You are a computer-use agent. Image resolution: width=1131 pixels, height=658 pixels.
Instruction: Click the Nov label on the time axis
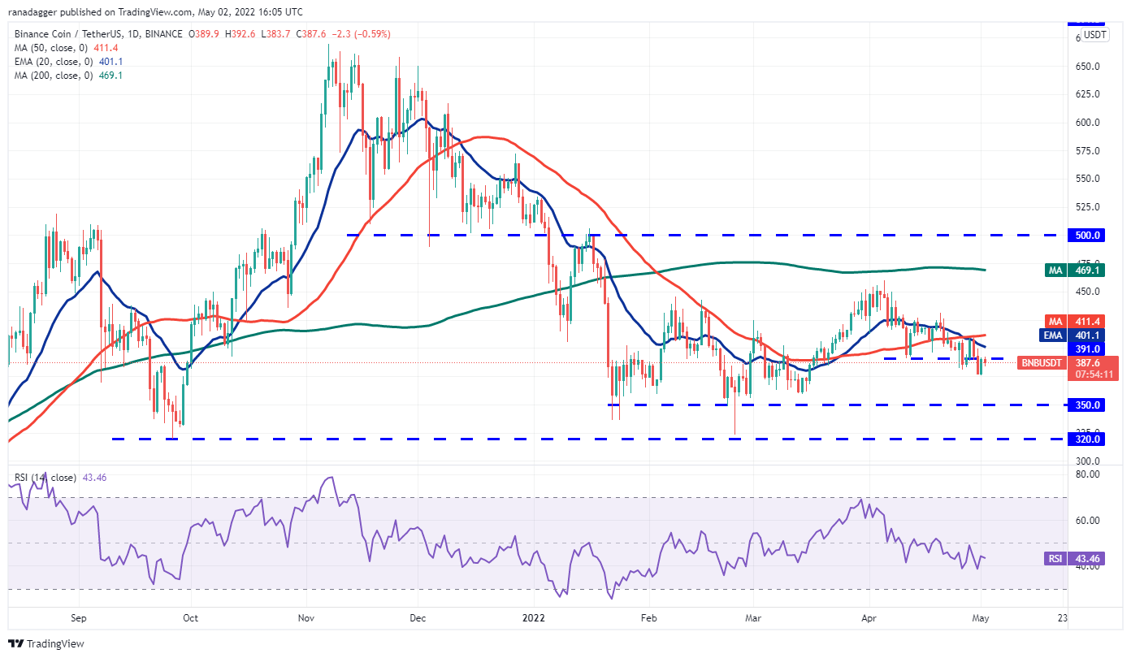(306, 617)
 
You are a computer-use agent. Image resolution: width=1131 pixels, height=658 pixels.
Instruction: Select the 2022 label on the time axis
(534, 617)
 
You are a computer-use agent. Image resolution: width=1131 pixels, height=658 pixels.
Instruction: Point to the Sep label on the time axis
(78, 617)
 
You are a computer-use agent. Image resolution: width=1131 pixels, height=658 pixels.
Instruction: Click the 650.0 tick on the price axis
(1088, 66)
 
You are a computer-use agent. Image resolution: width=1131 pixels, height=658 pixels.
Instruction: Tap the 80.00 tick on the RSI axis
(1087, 474)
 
